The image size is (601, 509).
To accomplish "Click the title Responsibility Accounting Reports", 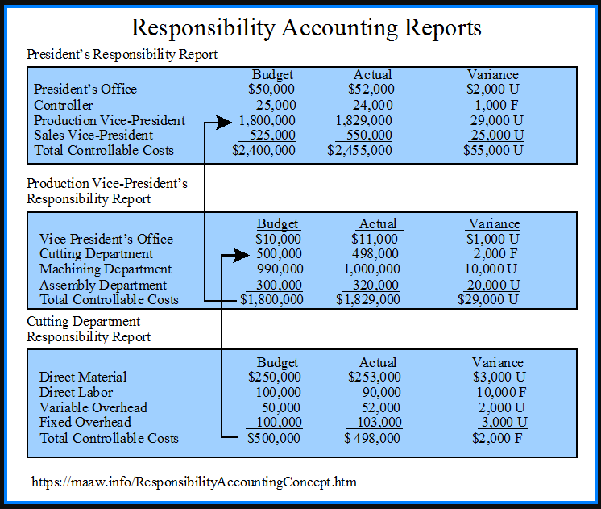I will click(306, 27).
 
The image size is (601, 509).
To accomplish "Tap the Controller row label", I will click(64, 105).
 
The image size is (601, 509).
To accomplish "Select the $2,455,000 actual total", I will click(360, 150).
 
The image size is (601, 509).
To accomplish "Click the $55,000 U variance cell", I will click(493, 150).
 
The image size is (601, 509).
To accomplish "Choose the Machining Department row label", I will click(106, 269).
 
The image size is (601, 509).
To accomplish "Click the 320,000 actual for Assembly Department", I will click(371, 285).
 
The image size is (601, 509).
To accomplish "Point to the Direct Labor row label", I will click(77, 392).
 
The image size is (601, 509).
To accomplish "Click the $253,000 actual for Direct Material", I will click(375, 377).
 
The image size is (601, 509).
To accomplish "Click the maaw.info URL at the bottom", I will click(194, 482).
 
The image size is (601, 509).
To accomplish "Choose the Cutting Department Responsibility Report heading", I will click(89, 329).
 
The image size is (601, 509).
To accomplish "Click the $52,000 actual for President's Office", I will click(371, 89).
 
